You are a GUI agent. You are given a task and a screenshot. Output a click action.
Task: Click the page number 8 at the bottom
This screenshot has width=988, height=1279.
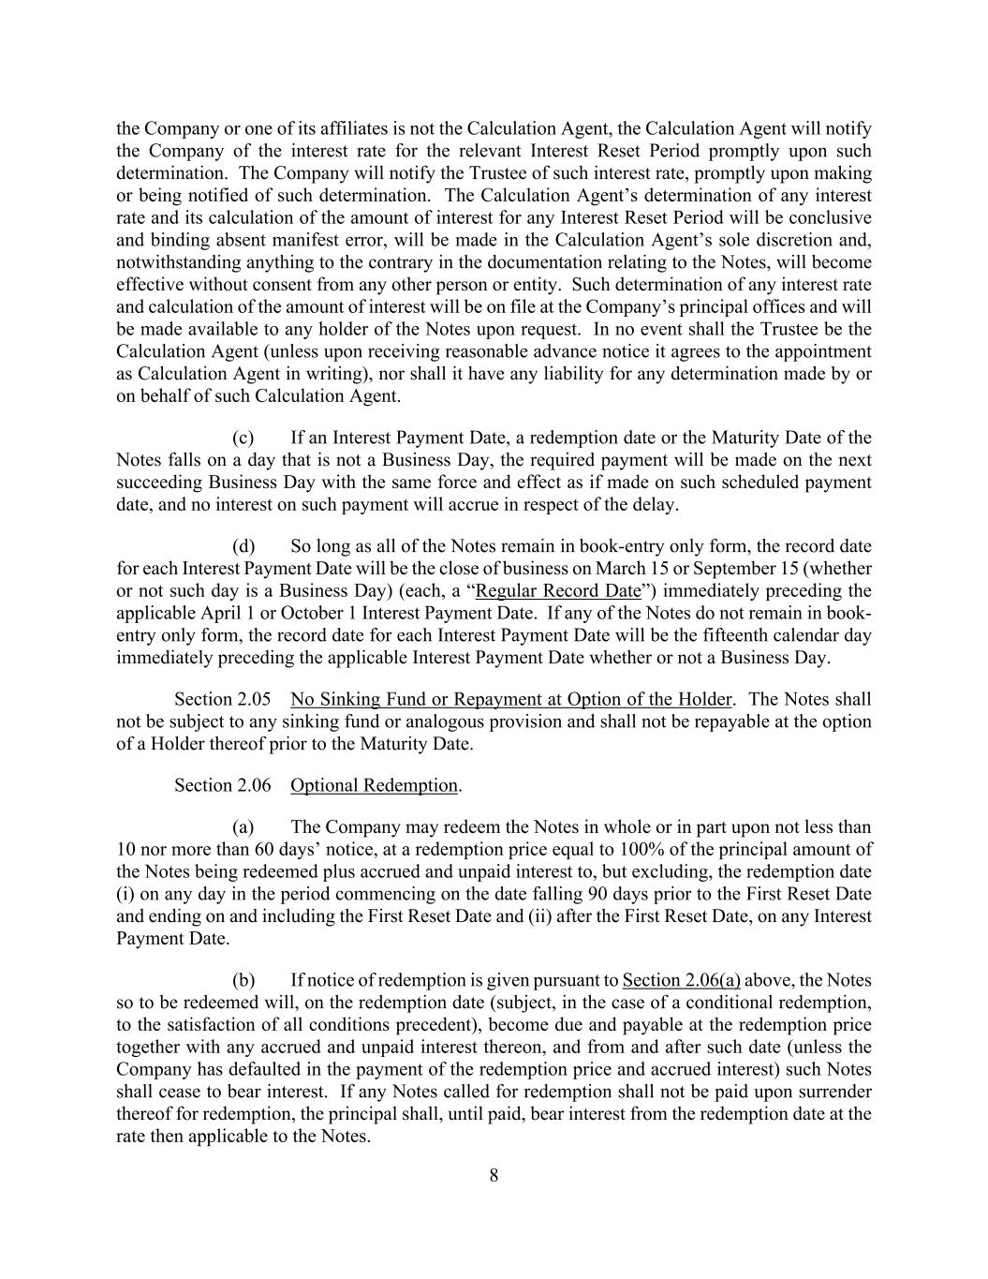tap(494, 1176)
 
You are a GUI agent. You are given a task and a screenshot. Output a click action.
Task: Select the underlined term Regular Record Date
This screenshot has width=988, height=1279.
tap(558, 591)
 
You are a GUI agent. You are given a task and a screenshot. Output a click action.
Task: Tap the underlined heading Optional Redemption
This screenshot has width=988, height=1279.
tap(374, 785)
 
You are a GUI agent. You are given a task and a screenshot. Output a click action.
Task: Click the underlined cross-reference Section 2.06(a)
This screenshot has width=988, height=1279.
tap(681, 981)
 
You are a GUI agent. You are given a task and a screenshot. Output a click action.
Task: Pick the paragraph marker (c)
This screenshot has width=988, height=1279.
tap(243, 438)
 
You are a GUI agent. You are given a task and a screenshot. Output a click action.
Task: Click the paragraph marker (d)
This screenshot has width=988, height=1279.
tap(243, 546)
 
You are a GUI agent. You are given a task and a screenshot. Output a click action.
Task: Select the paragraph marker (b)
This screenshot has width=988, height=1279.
tap(243, 981)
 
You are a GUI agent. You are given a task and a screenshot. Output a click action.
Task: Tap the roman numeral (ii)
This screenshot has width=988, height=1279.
tap(538, 916)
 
